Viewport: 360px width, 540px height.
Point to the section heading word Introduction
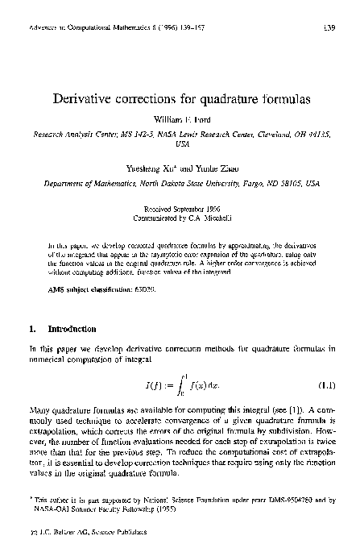[72, 330]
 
